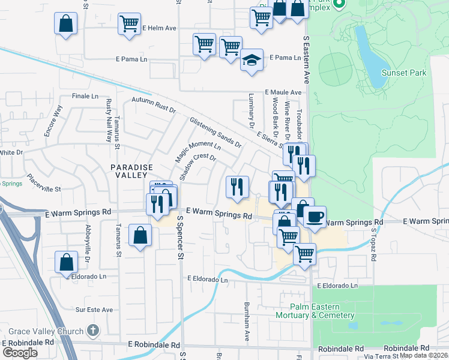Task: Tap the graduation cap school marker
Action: [252, 60]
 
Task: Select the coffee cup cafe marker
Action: [314, 217]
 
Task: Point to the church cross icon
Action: [92, 330]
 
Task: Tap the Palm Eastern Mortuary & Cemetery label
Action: [315, 311]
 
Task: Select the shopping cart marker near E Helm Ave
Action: [129, 25]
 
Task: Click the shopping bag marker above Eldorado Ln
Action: [66, 262]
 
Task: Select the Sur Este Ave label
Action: [94, 310]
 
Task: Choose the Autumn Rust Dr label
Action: [154, 106]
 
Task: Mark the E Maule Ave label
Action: [283, 92]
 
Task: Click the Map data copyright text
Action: [424, 355]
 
